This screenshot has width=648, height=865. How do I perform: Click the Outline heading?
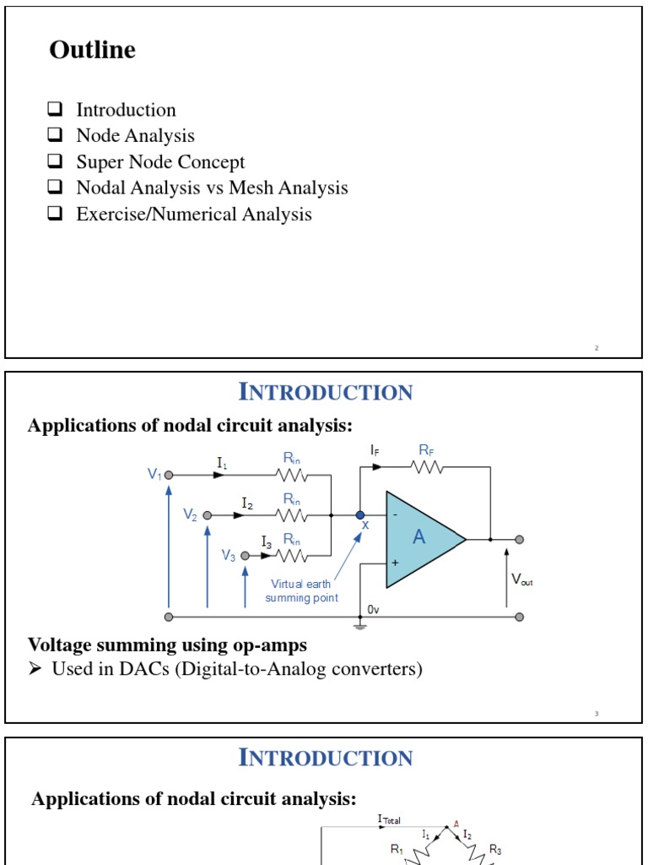(x=92, y=51)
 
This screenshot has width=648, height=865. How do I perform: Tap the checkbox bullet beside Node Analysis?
(x=56, y=136)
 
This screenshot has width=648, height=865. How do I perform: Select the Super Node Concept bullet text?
(x=160, y=162)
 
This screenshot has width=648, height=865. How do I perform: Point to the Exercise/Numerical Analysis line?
(x=193, y=215)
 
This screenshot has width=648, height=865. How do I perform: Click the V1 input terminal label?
(x=154, y=475)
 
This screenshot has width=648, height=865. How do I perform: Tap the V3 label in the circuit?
(x=229, y=555)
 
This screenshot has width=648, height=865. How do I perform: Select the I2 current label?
(x=247, y=503)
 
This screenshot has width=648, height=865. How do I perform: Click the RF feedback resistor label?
(x=426, y=451)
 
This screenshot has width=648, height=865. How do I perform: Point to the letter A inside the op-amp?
(x=419, y=537)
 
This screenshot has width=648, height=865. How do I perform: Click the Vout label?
(x=521, y=580)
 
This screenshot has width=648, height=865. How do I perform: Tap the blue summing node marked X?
(x=360, y=515)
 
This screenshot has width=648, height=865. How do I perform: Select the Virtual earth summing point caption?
(x=301, y=591)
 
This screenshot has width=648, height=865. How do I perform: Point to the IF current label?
(x=374, y=451)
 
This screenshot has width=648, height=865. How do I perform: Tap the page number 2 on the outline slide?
(x=597, y=348)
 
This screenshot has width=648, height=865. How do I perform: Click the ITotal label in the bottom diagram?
(x=389, y=819)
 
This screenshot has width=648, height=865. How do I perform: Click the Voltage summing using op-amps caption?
(x=167, y=645)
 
